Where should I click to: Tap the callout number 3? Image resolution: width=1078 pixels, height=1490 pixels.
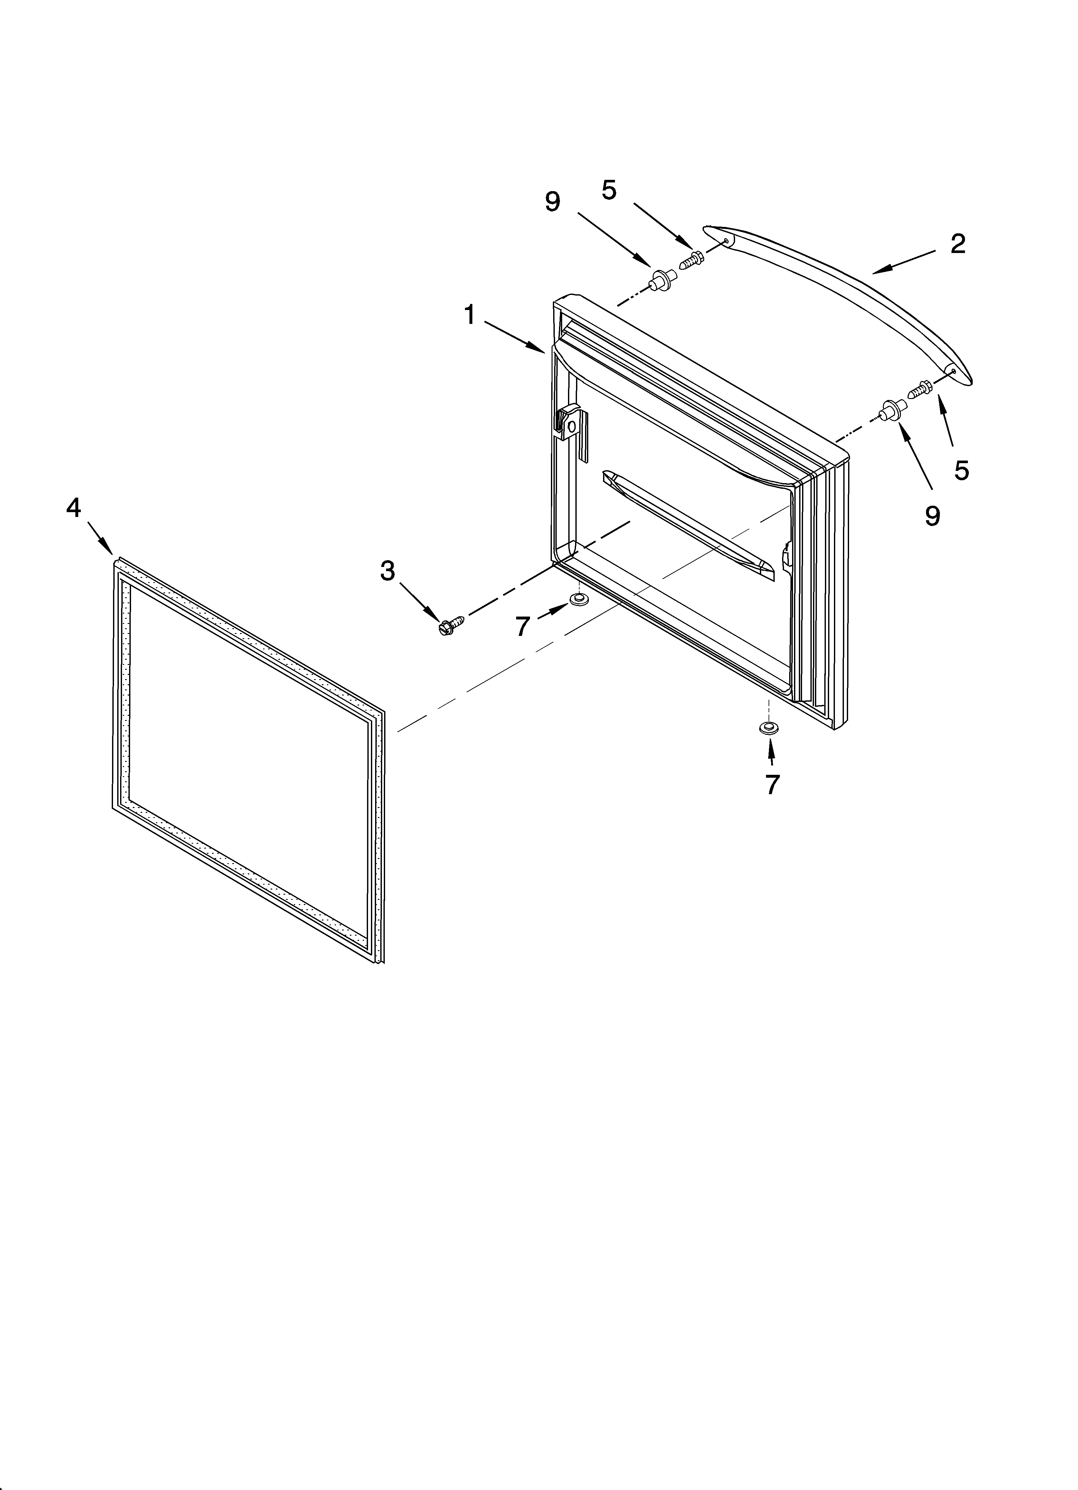pyautogui.click(x=388, y=571)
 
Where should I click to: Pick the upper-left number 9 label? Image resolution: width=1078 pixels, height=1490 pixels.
pyautogui.click(x=553, y=202)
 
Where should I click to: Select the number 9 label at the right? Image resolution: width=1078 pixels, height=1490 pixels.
pyautogui.click(x=932, y=516)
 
